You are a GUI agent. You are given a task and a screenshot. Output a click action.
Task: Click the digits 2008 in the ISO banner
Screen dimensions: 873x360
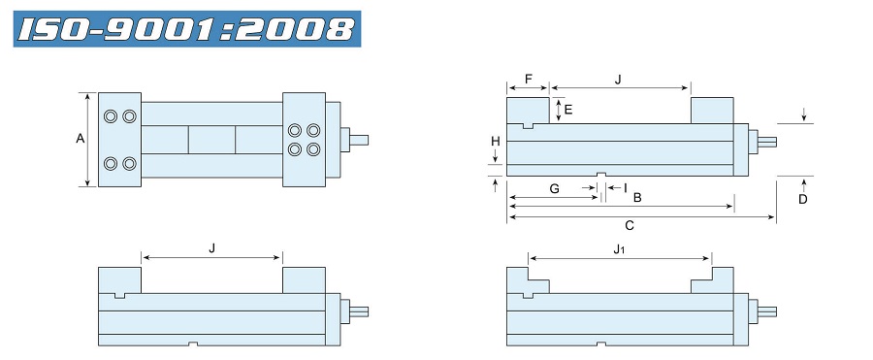tap(298, 29)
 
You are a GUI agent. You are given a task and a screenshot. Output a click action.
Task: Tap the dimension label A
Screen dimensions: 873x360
tap(81, 139)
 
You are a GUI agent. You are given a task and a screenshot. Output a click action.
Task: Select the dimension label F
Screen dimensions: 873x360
tap(529, 79)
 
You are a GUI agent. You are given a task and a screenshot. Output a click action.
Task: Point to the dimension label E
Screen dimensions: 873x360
tap(567, 110)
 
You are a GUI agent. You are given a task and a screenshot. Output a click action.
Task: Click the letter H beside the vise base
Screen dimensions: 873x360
tap(496, 142)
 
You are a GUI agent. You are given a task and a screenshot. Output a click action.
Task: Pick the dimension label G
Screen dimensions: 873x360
tap(555, 189)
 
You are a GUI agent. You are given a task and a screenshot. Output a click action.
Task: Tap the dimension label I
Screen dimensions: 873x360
tap(626, 188)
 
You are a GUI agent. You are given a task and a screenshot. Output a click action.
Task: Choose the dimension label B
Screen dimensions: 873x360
tap(638, 197)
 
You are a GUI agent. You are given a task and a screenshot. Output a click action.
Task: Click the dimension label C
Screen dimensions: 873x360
tap(630, 226)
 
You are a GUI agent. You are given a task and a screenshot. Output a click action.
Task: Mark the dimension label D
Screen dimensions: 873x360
tap(803, 199)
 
